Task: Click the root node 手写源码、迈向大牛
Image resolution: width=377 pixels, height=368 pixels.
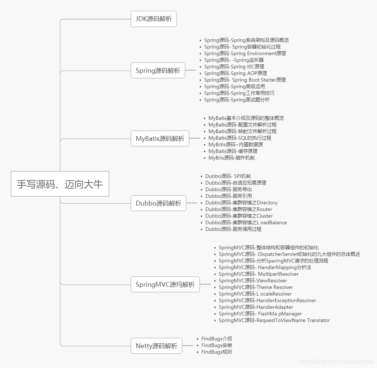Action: coord(60,184)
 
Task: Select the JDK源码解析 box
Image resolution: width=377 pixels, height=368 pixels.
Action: coord(153,19)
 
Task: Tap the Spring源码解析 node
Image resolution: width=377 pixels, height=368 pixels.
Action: coord(158,70)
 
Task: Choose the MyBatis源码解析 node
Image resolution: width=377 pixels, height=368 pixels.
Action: coord(160,138)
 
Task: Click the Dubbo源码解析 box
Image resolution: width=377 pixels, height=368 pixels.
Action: coord(159,203)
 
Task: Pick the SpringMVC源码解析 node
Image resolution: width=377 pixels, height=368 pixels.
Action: coord(165,284)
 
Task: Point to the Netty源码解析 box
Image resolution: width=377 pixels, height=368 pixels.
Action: coord(156,346)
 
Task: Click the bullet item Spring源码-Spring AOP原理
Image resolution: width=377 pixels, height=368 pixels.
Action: coord(235,73)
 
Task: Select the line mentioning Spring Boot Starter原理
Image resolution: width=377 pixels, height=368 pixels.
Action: coord(245,80)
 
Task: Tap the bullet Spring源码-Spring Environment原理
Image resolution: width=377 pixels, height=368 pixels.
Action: coord(245,53)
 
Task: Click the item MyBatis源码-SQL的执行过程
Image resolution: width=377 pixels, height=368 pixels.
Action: coord(239,138)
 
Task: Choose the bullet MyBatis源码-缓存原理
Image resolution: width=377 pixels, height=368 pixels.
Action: coord(233,151)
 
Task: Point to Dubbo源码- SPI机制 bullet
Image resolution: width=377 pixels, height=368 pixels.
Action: coord(228,176)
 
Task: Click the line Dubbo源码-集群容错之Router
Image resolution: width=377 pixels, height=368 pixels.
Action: coord(239,209)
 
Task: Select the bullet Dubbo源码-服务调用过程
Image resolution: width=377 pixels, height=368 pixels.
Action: coord(233,229)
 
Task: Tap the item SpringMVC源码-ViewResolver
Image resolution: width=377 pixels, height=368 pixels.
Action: coord(253,281)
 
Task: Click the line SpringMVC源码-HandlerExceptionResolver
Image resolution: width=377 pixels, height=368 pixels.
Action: coord(267,300)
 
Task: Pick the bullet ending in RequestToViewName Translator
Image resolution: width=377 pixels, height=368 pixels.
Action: coord(274,320)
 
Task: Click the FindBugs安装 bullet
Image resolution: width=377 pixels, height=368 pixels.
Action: coord(217,345)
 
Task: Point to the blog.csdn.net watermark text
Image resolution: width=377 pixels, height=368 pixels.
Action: coord(336,362)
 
